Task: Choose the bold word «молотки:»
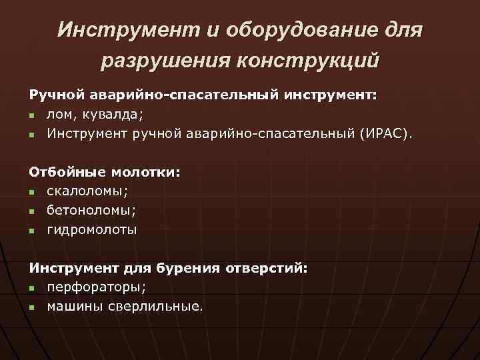(145, 172)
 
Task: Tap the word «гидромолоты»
(91, 230)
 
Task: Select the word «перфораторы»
(95, 287)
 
